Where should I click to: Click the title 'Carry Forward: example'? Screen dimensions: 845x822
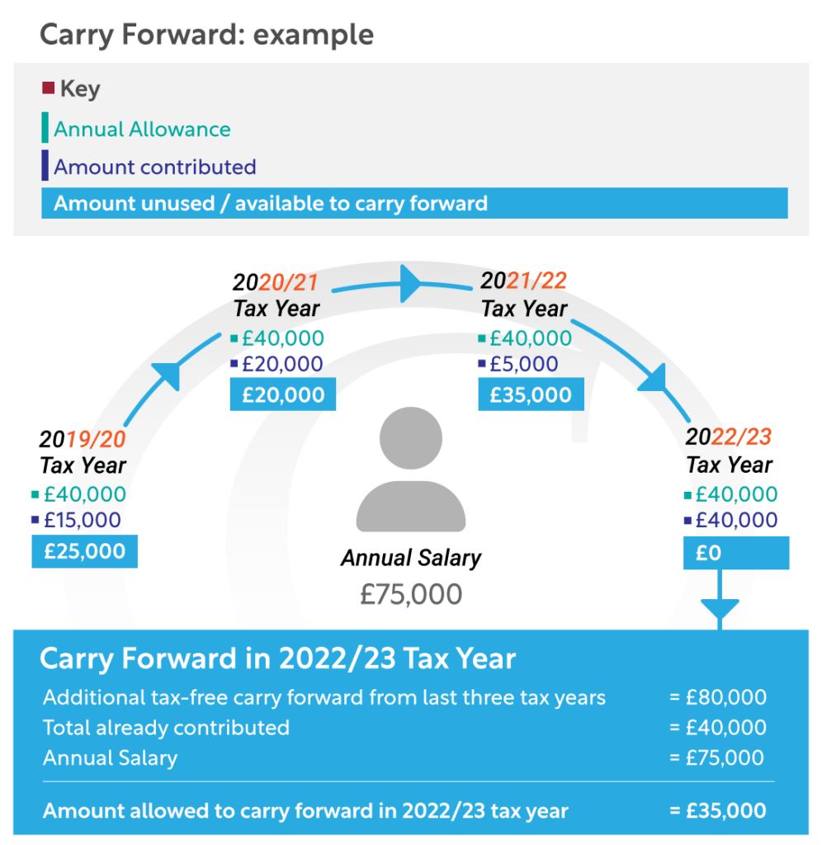(206, 35)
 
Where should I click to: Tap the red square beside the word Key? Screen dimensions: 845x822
(48, 87)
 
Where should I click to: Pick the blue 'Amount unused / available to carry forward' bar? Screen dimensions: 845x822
(414, 203)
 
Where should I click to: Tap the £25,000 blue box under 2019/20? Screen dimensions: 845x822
(84, 551)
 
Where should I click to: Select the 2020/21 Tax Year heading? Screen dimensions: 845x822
(276, 295)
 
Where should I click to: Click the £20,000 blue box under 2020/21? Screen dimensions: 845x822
(283, 394)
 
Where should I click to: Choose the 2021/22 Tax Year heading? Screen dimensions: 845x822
(524, 295)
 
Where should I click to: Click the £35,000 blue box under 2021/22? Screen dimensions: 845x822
(531, 394)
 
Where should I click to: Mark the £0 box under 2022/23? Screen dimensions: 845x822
(735, 553)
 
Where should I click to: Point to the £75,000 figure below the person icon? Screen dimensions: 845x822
(410, 594)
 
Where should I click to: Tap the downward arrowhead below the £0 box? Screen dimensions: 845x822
(720, 611)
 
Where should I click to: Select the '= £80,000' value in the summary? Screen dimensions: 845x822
(717, 697)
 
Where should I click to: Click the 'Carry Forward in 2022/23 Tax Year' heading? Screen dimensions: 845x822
(278, 659)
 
